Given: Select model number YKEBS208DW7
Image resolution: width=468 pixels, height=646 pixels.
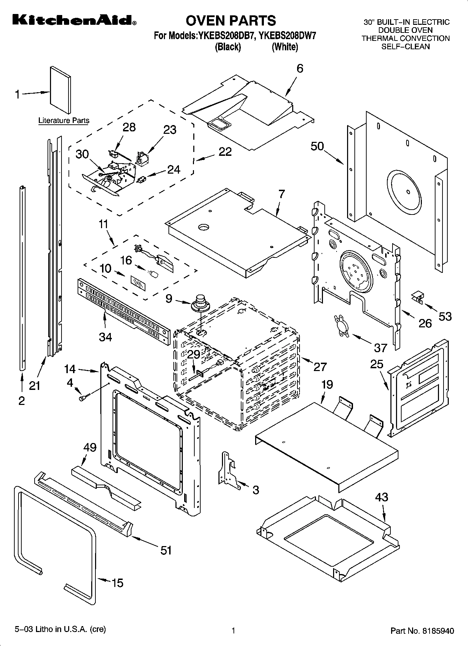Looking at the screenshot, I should [x=287, y=36].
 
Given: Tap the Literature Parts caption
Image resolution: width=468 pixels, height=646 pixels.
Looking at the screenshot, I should [x=64, y=121].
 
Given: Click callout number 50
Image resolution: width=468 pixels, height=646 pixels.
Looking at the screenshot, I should [x=317, y=146].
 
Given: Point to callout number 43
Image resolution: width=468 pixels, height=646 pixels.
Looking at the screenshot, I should [x=381, y=496].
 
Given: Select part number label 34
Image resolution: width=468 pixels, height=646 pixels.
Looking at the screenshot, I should [x=105, y=337].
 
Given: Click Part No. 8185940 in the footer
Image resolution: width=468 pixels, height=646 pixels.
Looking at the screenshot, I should [x=422, y=630].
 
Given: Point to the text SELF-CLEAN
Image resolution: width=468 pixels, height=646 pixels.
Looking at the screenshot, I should [x=405, y=46].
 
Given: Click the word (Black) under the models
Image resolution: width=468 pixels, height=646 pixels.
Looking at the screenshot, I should [x=228, y=46].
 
